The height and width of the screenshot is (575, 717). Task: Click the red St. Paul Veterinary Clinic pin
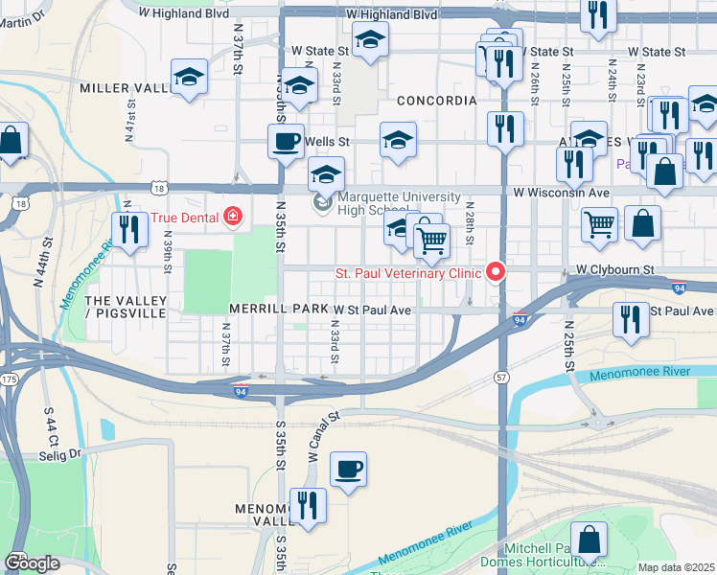(x=496, y=273)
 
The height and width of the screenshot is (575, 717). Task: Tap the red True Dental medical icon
(x=231, y=218)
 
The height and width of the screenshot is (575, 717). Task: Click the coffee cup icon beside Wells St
(x=286, y=143)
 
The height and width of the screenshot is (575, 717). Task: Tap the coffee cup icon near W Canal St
(x=348, y=470)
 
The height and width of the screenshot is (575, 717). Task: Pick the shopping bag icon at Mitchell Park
(x=588, y=540)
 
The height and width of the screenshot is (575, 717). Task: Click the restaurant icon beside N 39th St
(x=127, y=229)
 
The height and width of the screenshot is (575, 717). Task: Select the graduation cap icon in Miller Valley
(x=189, y=78)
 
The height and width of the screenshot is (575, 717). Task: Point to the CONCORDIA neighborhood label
(x=436, y=101)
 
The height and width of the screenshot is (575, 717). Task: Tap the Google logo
(x=32, y=563)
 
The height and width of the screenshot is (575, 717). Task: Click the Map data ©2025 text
(x=676, y=567)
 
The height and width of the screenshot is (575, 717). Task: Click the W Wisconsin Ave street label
(x=561, y=192)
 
